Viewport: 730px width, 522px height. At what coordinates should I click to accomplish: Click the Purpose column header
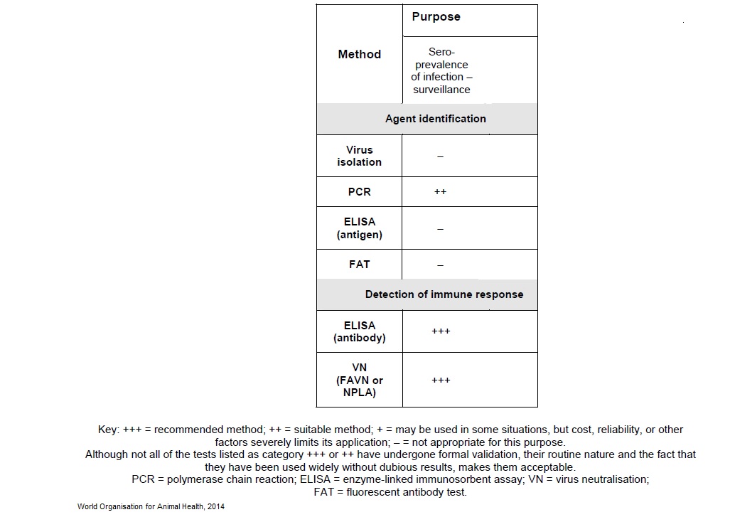click(436, 17)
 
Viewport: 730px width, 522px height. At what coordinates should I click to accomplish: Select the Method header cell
click(359, 54)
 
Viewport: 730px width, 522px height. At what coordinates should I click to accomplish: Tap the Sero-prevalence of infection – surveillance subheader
click(441, 70)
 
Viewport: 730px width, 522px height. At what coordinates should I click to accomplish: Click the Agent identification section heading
click(435, 119)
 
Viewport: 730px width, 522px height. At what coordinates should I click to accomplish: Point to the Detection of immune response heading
click(444, 294)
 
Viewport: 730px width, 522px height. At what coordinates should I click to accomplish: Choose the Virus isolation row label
click(359, 156)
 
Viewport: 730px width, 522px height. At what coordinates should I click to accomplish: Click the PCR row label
click(359, 192)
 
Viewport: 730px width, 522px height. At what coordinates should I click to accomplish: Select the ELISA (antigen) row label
click(359, 228)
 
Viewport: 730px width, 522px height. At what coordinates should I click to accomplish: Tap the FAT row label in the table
click(359, 265)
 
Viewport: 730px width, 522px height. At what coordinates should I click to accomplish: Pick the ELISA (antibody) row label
click(359, 331)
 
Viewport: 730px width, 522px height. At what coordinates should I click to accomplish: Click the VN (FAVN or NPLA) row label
click(359, 380)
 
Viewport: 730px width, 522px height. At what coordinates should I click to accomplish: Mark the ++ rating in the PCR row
click(440, 192)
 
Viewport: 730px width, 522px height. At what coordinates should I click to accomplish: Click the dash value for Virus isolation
click(440, 156)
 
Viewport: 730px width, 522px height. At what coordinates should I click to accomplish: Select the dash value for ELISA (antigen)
click(440, 229)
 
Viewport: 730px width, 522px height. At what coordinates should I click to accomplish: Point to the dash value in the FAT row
click(440, 265)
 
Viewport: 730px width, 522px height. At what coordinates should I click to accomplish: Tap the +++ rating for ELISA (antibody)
click(441, 331)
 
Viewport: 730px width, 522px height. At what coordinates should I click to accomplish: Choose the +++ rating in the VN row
click(441, 380)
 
